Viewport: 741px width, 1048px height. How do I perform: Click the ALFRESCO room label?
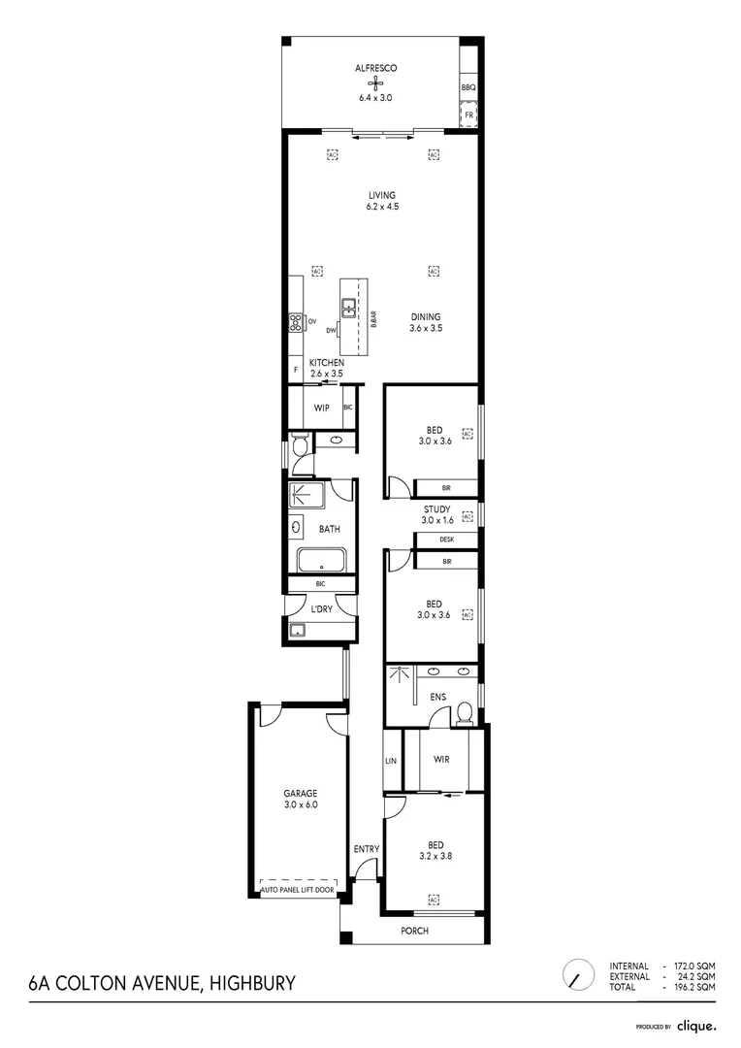click(x=376, y=68)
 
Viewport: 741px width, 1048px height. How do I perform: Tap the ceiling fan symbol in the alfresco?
click(x=376, y=83)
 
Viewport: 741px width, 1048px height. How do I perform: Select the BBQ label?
click(x=469, y=87)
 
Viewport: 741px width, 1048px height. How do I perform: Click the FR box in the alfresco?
click(x=469, y=115)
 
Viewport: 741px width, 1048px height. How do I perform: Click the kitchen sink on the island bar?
click(x=348, y=309)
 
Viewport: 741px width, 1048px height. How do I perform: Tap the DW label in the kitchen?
click(x=331, y=330)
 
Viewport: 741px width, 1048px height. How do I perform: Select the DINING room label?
click(x=425, y=316)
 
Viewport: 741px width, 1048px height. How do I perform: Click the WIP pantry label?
click(x=321, y=408)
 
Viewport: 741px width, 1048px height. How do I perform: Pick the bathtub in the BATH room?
click(x=321, y=560)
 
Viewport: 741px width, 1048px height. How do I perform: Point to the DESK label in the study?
click(x=446, y=540)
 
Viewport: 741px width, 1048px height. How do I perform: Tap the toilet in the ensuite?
click(x=464, y=715)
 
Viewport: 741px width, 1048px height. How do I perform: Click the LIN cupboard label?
click(x=392, y=761)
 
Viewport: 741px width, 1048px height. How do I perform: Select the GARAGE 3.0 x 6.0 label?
click(x=300, y=799)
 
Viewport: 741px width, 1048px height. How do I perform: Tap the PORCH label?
click(x=414, y=932)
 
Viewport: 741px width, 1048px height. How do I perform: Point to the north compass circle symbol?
click(x=578, y=975)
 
